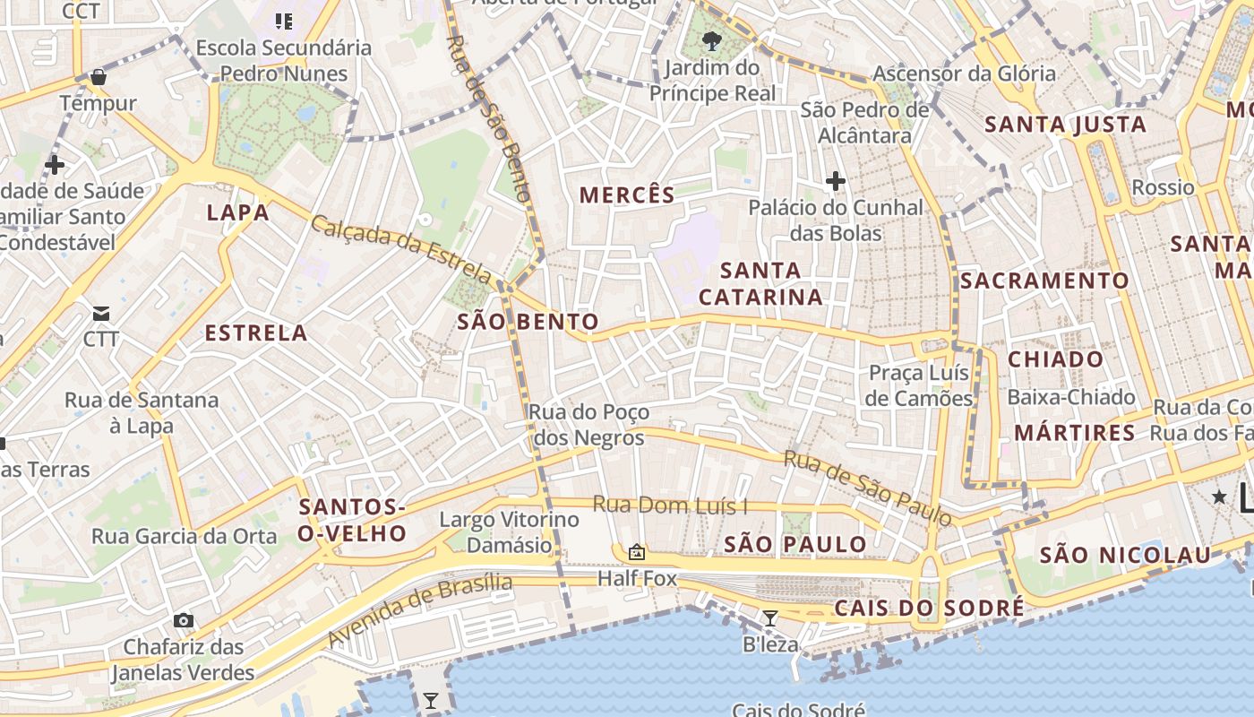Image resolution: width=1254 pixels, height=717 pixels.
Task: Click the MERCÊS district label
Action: [627, 194]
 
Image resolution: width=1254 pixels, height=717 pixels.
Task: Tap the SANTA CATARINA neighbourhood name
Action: [760, 283]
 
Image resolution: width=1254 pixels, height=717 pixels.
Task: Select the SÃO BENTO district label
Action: [528, 322]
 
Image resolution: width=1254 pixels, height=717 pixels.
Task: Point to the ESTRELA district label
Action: [256, 333]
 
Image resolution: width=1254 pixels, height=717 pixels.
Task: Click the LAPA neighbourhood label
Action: [237, 212]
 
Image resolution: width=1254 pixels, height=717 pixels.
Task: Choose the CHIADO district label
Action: [1056, 359]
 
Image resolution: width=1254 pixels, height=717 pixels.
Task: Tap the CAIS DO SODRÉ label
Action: [929, 609]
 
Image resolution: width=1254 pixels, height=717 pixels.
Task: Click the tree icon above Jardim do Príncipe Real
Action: [712, 40]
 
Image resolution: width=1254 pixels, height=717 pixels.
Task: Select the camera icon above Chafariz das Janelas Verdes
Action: [184, 620]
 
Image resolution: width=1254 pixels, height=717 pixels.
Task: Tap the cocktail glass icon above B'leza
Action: [769, 618]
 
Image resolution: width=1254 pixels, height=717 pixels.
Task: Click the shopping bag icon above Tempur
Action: [99, 77]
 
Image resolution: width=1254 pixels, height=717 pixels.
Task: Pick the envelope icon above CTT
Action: [101, 314]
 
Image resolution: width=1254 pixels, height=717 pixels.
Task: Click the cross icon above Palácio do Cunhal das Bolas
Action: [835, 182]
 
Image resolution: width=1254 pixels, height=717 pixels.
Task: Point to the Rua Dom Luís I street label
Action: [670, 505]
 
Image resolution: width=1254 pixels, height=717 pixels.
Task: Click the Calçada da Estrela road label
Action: [401, 247]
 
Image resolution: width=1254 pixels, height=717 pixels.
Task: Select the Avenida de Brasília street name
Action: [421, 611]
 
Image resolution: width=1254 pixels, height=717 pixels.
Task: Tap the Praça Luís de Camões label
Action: [920, 385]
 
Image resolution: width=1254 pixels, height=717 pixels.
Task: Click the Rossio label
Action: [1163, 187]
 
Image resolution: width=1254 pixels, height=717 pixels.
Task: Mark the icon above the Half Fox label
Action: [637, 552]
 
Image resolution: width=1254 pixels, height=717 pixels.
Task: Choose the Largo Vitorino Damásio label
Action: [509, 532]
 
